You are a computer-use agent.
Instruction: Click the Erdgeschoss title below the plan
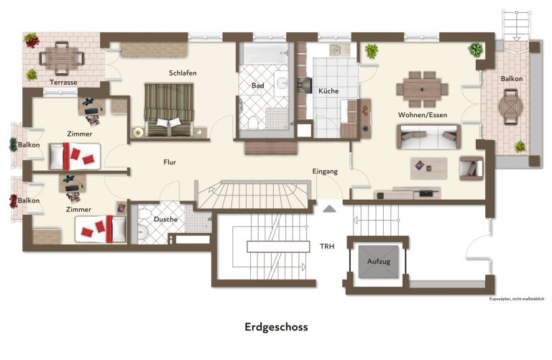point(276,327)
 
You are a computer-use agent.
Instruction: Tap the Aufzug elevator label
point(379,261)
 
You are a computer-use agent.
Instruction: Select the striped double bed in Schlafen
point(169,109)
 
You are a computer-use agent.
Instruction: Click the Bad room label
point(258,86)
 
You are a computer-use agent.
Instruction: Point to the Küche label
point(328,91)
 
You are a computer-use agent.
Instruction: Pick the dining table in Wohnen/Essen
point(422,89)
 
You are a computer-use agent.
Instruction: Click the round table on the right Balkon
point(510,107)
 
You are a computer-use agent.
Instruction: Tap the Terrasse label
point(63,83)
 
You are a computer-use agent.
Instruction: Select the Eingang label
point(325,172)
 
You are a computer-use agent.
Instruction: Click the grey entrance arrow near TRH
point(329,209)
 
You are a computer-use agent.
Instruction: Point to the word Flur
point(170,162)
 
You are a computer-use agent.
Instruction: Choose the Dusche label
point(165,219)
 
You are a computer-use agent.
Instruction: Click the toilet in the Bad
point(252,122)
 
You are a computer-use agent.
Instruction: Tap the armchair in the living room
point(471,168)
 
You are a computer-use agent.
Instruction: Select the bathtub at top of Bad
point(264,53)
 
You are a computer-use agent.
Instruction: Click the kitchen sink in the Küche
point(339,50)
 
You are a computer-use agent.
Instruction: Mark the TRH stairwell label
point(327,246)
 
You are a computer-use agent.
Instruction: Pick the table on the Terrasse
point(62,57)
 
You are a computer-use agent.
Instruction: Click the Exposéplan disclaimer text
point(517,299)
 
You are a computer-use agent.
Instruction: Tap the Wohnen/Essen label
point(423,115)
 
